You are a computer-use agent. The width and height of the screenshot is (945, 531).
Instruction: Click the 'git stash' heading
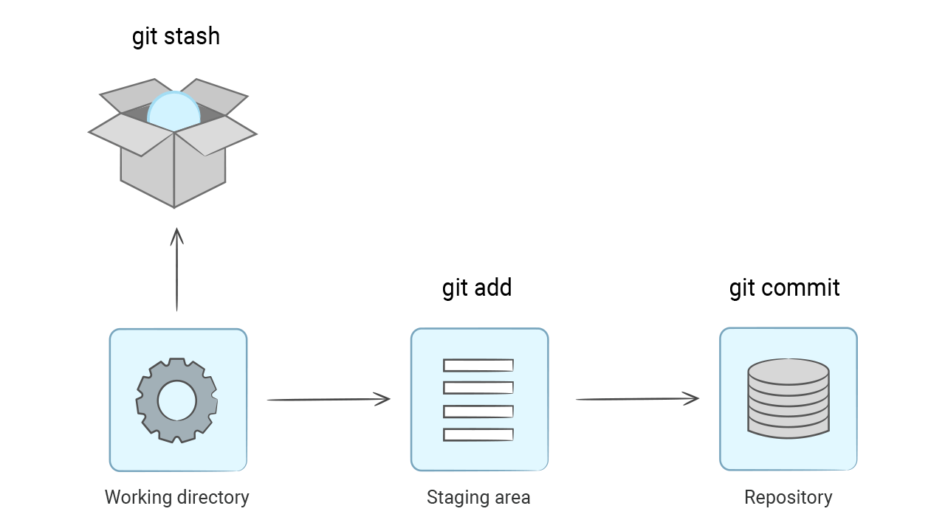(176, 36)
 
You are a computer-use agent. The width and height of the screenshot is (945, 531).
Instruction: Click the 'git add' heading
(477, 288)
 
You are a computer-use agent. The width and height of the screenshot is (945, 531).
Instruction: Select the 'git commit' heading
(784, 288)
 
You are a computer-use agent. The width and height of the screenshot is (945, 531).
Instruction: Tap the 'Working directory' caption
(176, 497)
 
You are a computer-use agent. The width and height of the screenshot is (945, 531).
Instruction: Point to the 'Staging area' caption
(478, 497)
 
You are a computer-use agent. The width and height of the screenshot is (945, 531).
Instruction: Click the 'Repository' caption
(788, 497)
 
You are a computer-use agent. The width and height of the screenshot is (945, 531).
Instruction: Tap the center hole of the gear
(177, 400)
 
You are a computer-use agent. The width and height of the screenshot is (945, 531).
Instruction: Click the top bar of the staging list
(478, 365)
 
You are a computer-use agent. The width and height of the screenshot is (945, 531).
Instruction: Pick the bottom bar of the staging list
(478, 434)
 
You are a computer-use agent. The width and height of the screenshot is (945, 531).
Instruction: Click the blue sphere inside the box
(173, 111)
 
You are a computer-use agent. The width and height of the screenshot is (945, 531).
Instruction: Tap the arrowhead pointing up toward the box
(176, 236)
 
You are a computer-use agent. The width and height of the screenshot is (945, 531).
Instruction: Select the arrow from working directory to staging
(328, 400)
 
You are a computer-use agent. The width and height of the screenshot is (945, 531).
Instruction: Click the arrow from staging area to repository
(636, 399)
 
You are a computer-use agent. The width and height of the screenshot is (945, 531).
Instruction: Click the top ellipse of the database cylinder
(788, 371)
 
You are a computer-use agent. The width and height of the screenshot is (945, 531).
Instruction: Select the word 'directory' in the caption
(213, 497)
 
